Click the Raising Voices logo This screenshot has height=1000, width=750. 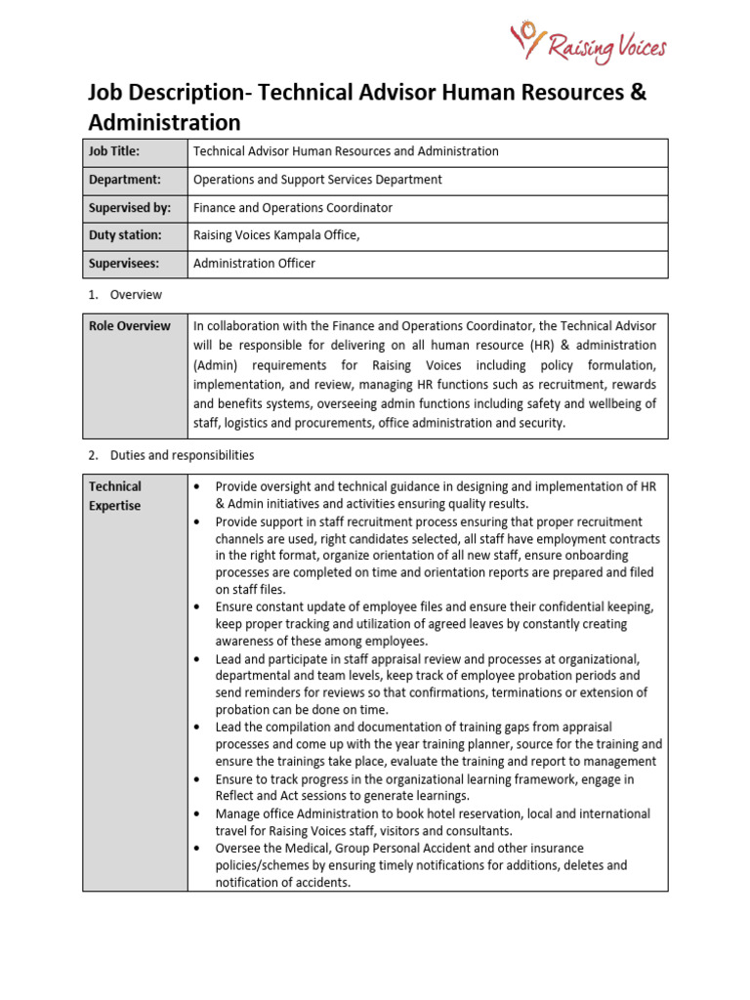click(x=589, y=43)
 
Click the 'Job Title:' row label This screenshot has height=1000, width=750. click(x=114, y=151)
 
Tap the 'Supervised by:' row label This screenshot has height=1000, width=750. click(x=129, y=208)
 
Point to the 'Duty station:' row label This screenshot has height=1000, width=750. click(x=124, y=235)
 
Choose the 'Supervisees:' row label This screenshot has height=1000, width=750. click(x=124, y=264)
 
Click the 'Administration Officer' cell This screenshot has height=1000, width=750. click(x=254, y=264)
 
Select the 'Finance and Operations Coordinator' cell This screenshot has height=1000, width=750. click(x=293, y=208)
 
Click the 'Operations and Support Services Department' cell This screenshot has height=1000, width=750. click(x=317, y=180)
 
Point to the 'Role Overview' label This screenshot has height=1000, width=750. click(x=129, y=326)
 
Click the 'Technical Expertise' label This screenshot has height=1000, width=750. click(x=115, y=496)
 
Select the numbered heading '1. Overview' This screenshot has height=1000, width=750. click(x=136, y=294)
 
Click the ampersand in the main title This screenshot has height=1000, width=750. click(x=638, y=94)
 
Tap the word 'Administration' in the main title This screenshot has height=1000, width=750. click(x=164, y=123)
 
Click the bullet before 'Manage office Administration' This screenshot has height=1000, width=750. click(x=198, y=813)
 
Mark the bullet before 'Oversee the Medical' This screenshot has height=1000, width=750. click(x=198, y=849)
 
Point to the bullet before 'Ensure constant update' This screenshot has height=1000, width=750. click(x=198, y=606)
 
